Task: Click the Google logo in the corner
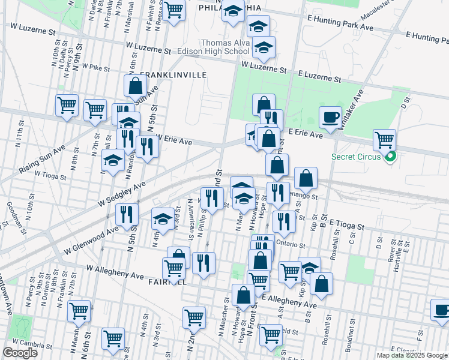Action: click(20, 352)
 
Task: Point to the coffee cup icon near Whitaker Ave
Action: click(330, 116)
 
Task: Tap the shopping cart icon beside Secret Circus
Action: click(384, 140)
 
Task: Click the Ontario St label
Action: click(291, 245)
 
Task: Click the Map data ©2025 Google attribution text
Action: click(412, 355)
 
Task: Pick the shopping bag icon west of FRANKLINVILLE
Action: click(135, 85)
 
